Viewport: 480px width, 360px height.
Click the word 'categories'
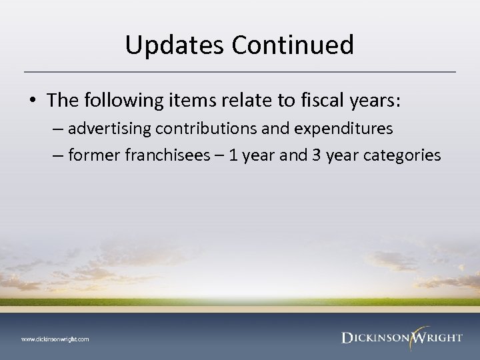pyautogui.click(x=401, y=155)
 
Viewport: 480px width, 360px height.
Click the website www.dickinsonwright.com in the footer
pyautogui.click(x=55, y=339)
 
